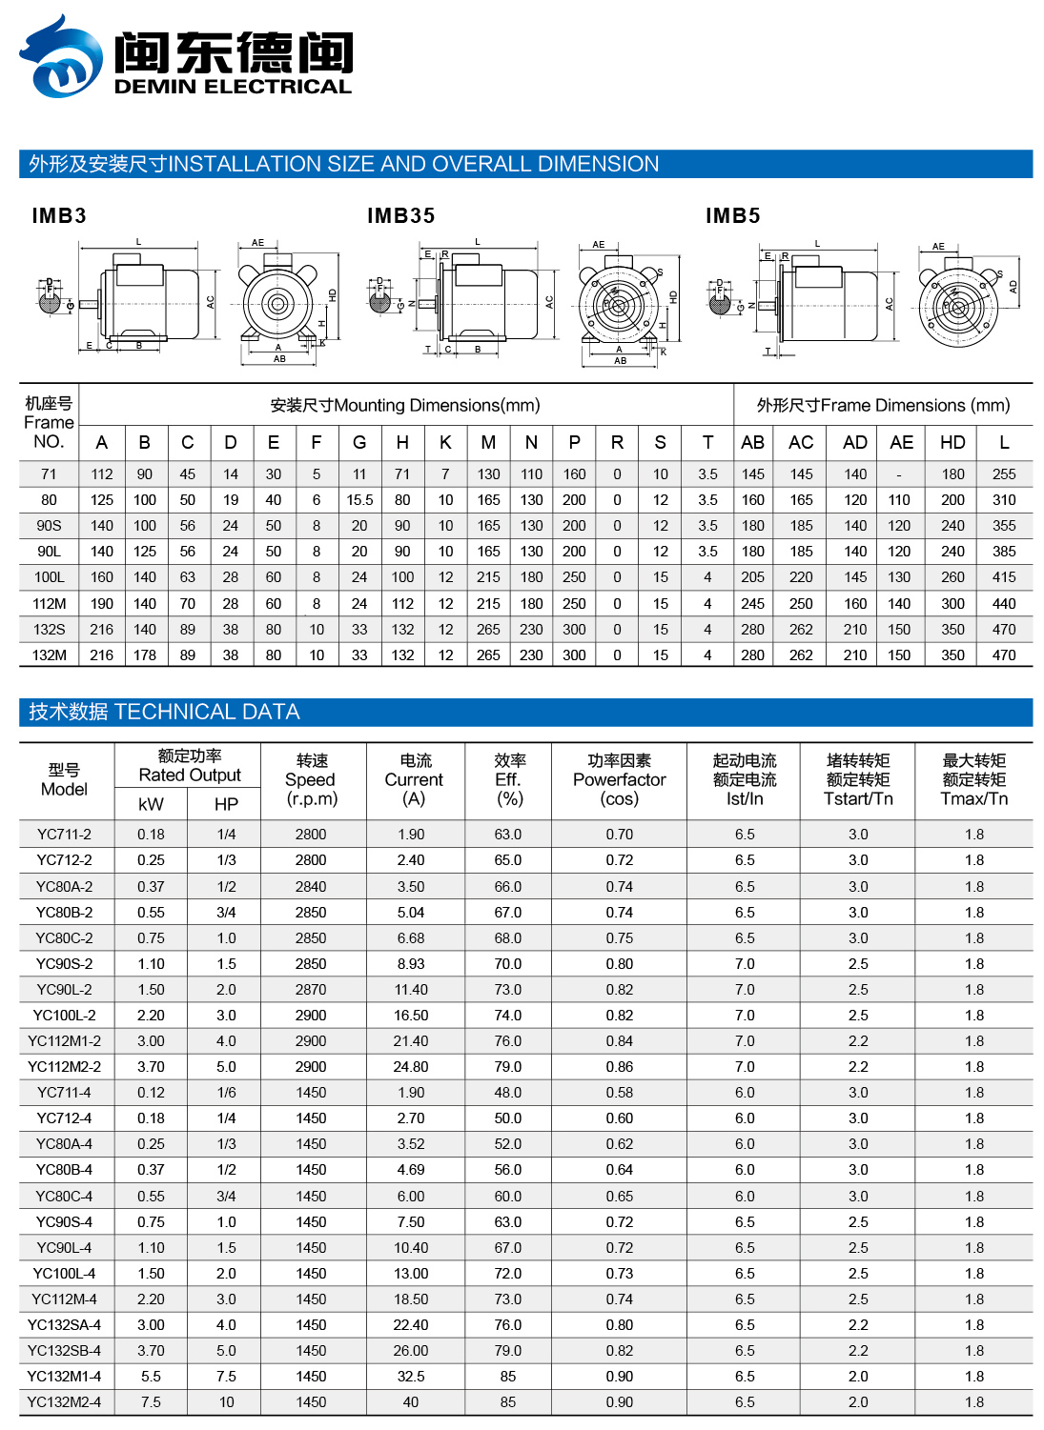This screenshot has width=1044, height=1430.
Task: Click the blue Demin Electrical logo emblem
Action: click(61, 57)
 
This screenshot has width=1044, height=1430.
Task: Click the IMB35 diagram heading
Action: click(400, 216)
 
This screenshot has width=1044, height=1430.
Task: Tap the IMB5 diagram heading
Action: click(732, 216)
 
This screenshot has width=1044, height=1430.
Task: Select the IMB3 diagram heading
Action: click(59, 216)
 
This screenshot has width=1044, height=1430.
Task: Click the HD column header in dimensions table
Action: click(952, 442)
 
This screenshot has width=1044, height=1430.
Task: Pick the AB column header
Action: click(752, 442)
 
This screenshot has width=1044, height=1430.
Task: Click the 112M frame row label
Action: click(49, 603)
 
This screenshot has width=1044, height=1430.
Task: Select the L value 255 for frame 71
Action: click(1004, 473)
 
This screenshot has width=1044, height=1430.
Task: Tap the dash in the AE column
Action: click(899, 473)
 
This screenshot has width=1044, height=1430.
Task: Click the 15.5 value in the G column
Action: click(359, 499)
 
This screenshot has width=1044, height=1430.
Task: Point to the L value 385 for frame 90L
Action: click(1004, 551)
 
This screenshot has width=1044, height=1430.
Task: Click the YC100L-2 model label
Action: click(64, 1016)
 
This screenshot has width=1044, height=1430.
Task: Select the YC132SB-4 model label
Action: click(64, 1351)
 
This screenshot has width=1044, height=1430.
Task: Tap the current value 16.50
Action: click(411, 1016)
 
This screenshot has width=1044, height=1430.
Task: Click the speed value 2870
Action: click(311, 990)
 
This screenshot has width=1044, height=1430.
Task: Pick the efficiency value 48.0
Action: click(508, 1093)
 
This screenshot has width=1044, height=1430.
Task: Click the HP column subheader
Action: click(226, 804)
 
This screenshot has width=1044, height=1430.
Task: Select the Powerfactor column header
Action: click(619, 779)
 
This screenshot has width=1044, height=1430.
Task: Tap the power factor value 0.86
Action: click(619, 1067)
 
